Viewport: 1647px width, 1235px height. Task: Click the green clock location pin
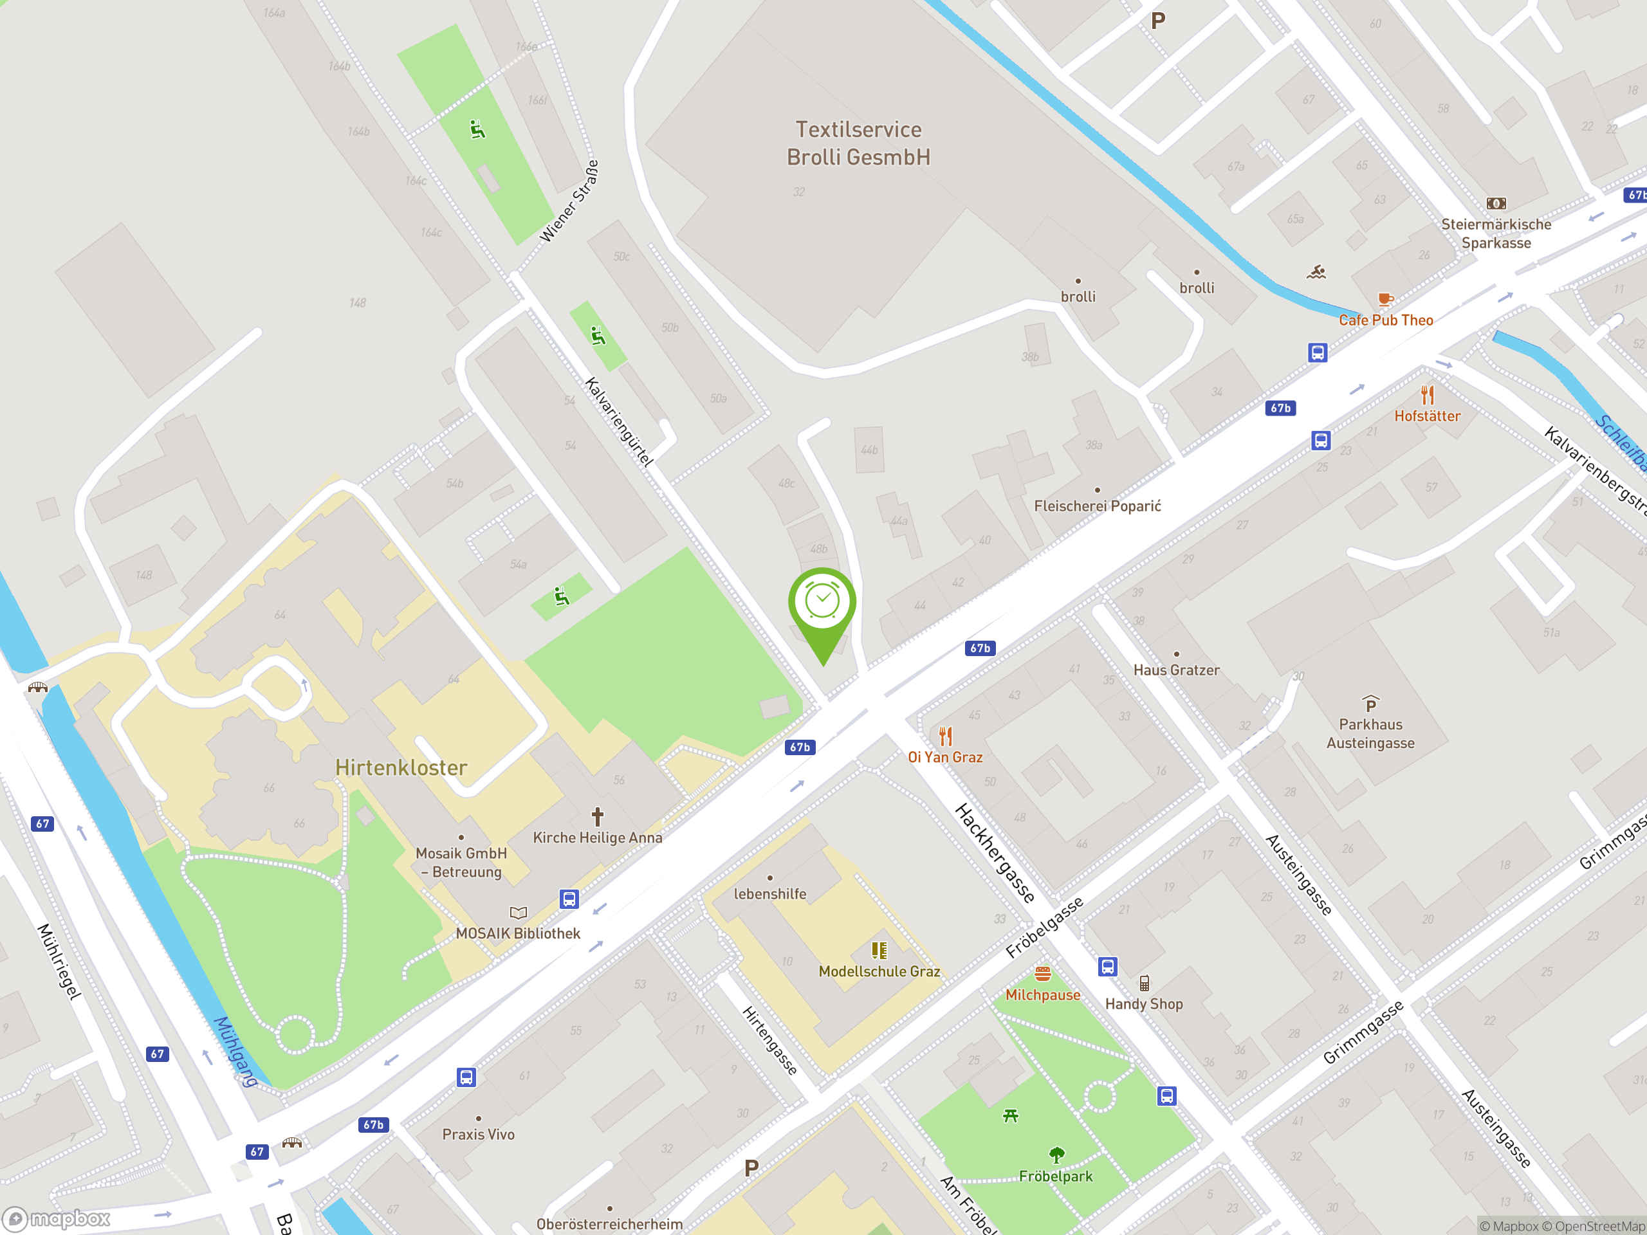click(822, 603)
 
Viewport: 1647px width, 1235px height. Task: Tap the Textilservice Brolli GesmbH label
click(858, 143)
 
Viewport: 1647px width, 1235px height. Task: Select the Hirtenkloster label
click(401, 767)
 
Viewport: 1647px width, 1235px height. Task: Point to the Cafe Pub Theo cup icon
click(1385, 300)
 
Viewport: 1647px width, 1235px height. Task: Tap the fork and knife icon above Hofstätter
click(1426, 394)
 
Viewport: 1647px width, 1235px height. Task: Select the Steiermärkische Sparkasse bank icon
click(1496, 203)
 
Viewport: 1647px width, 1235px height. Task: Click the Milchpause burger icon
click(1042, 974)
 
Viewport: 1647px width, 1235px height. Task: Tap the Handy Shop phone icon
click(1144, 983)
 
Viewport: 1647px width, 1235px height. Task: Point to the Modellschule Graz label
click(879, 971)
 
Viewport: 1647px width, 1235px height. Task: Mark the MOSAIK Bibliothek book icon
click(518, 912)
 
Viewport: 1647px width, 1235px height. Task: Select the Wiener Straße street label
click(569, 201)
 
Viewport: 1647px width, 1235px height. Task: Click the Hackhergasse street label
click(995, 852)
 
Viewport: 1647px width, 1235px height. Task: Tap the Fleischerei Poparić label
click(1097, 506)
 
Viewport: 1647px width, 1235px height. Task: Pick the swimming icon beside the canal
click(1316, 273)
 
